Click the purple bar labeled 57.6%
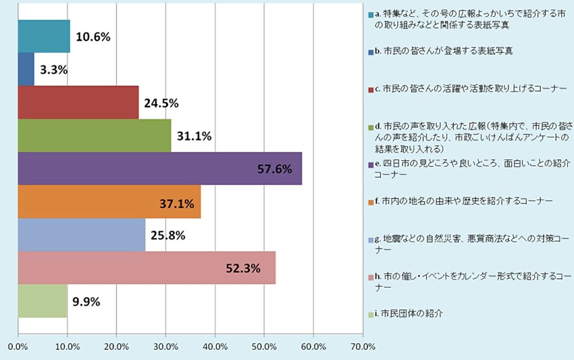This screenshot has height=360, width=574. point(160,168)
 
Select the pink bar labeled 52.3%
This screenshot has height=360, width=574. point(147,268)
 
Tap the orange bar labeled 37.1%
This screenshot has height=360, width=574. point(109,202)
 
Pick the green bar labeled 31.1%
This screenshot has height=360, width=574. point(94,136)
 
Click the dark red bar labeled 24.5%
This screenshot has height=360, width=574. point(78,103)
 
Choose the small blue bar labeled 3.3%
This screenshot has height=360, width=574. point(26,70)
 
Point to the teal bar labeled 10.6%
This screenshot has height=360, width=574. point(44,36)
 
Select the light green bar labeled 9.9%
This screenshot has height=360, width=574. point(42,301)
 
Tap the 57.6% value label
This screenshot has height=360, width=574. point(275,169)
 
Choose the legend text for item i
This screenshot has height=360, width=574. point(411,314)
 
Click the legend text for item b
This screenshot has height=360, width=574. point(443,51)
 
